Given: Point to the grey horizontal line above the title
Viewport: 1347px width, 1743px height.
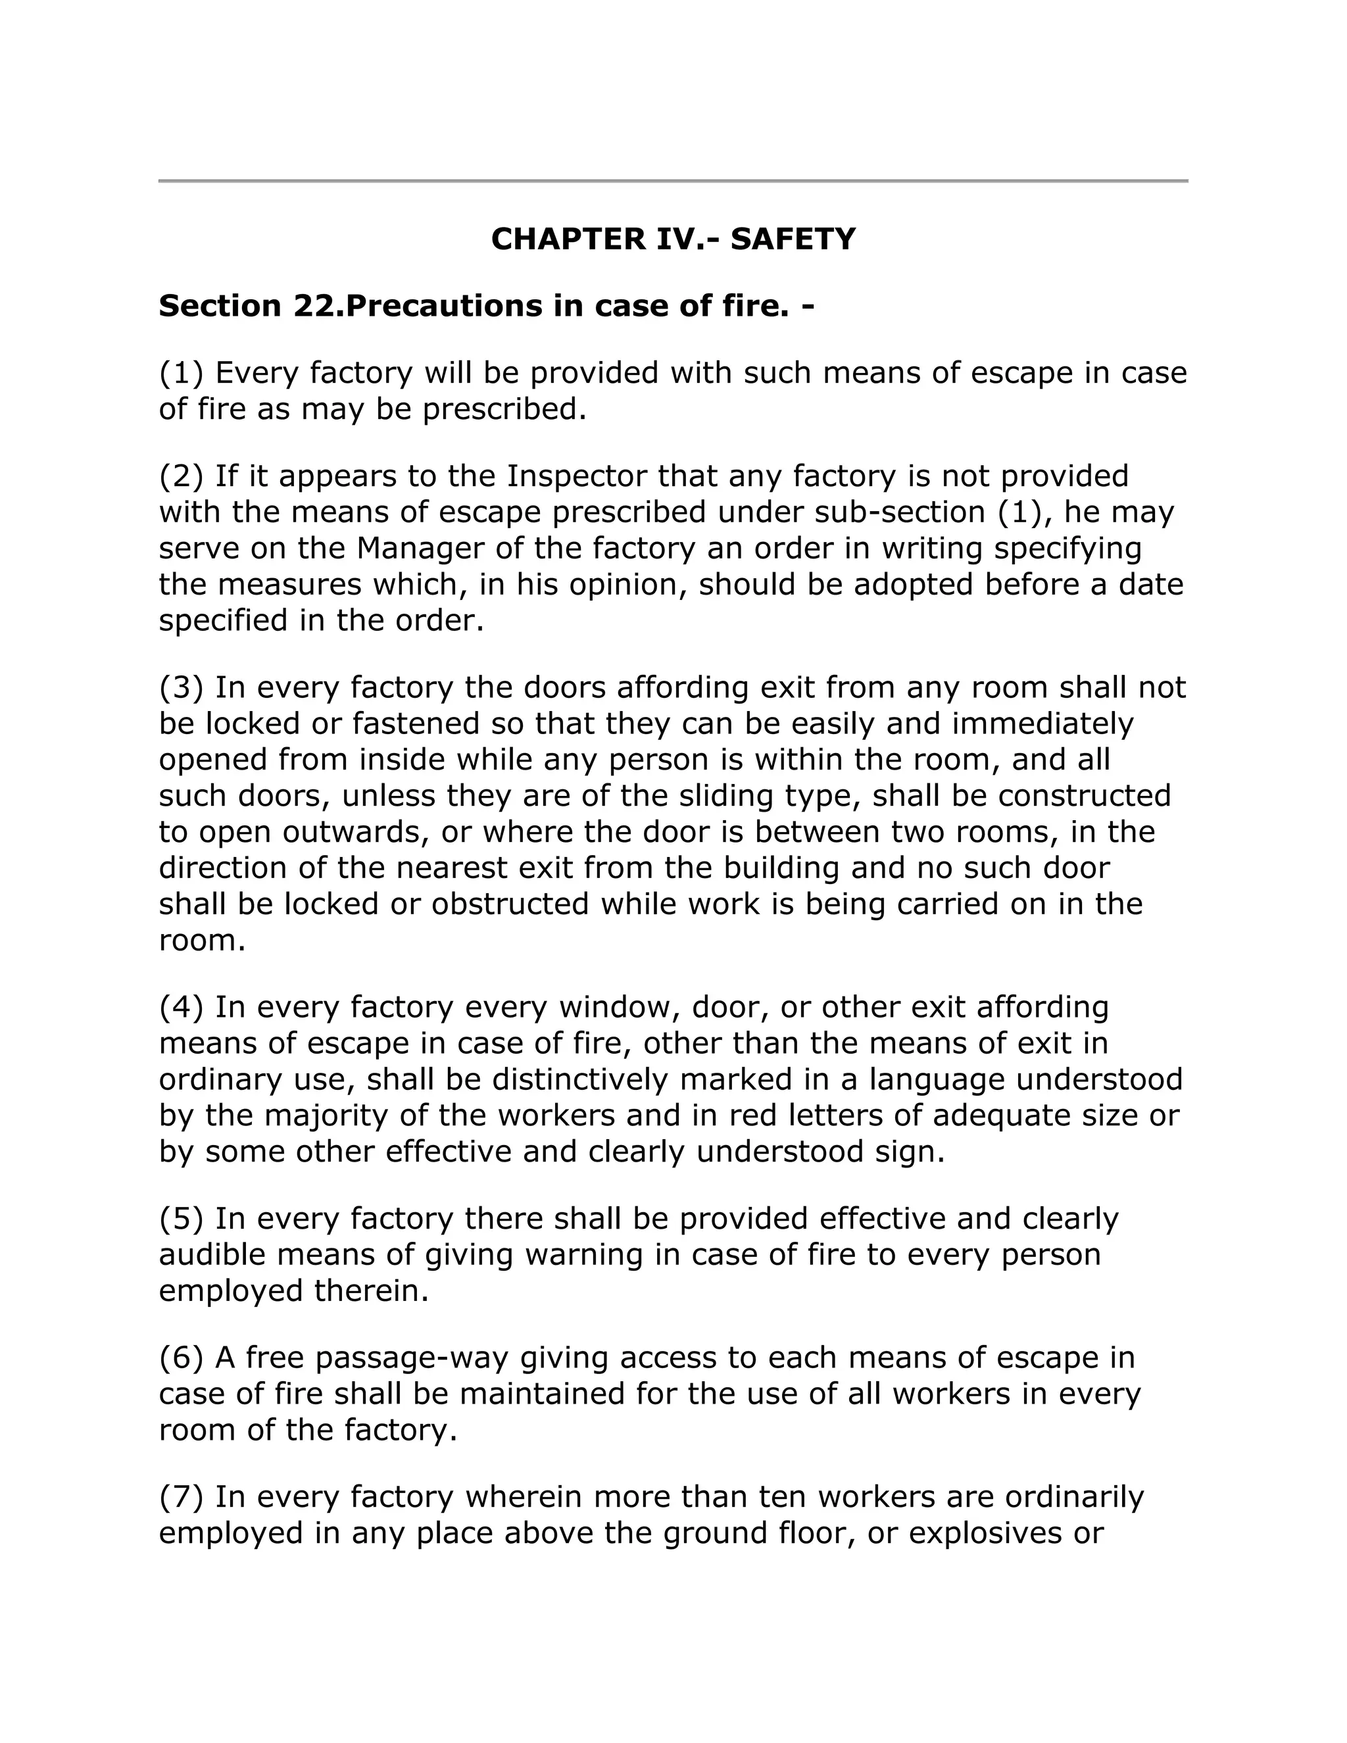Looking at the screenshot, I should point(673,181).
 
